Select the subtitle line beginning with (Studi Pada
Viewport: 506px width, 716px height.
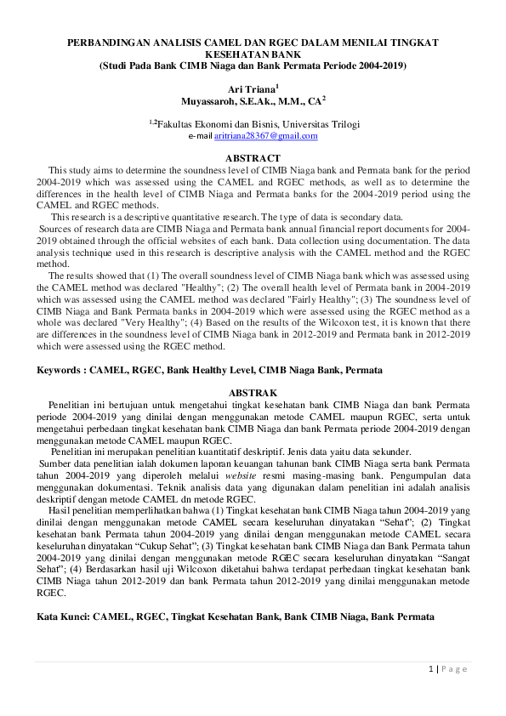click(253, 65)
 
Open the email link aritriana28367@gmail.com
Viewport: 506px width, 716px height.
click(266, 136)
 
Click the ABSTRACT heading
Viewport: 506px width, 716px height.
click(253, 158)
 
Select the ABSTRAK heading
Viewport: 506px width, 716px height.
click(253, 392)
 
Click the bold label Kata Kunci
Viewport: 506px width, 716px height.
click(62, 614)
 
